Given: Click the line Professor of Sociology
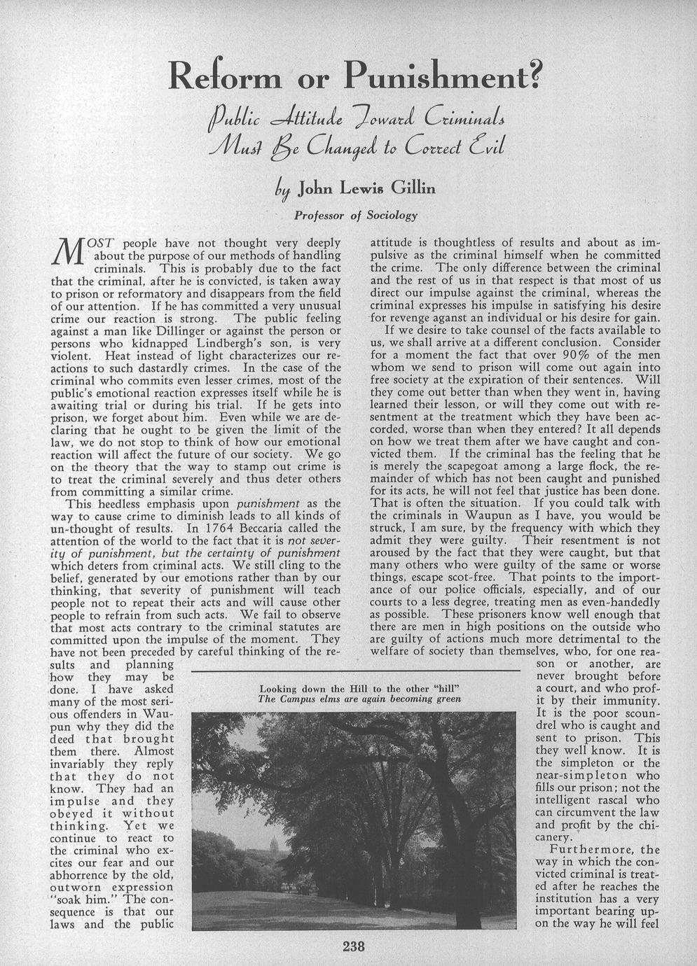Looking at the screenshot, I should [x=356, y=216].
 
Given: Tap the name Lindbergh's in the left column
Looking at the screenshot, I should [x=207, y=342].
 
